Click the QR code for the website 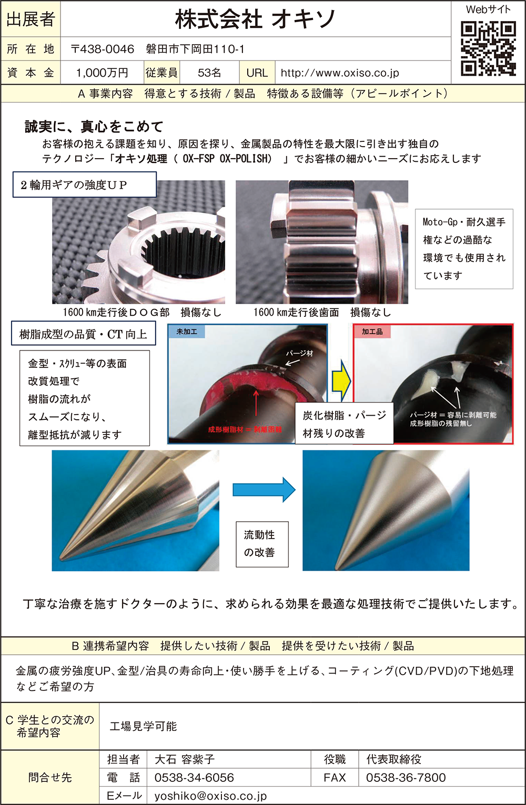tap(488, 48)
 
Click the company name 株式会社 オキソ tap(255, 19)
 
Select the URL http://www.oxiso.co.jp tap(340, 73)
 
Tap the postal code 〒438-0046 tap(102, 49)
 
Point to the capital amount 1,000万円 tap(102, 73)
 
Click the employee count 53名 tap(209, 73)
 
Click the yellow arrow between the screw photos tap(340, 381)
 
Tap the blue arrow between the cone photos tap(264, 490)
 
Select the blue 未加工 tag tap(186, 332)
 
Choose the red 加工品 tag tap(372, 332)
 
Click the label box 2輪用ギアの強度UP tap(85, 185)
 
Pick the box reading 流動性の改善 tap(262, 544)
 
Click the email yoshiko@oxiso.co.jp tap(210, 796)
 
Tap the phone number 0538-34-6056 tap(194, 777)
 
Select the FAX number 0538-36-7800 tap(406, 777)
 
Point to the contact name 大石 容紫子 tap(185, 759)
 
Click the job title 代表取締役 tap(393, 759)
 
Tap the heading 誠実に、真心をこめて tap(94, 127)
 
